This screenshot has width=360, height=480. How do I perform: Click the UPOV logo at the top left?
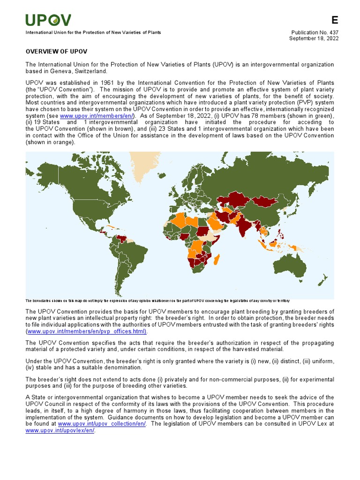pos(48,20)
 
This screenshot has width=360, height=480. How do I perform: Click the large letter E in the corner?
pos(334,20)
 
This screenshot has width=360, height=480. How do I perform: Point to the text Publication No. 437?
pos(315,32)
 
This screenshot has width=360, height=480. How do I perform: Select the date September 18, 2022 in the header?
pos(314,38)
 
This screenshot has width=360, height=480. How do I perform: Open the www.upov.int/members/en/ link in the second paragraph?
pos(97,115)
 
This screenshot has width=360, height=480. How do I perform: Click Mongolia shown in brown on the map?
pos(266,202)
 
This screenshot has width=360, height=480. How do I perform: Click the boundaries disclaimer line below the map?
pos(157,300)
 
